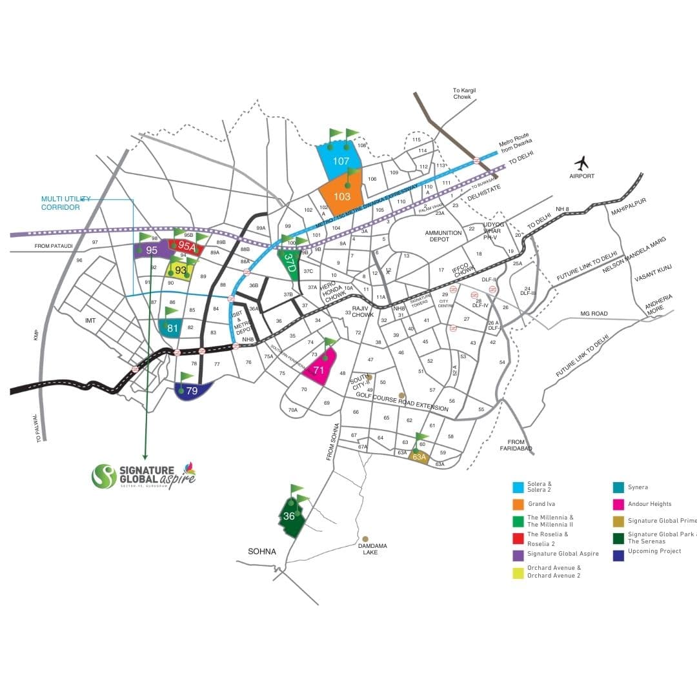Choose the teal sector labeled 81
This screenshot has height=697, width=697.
172,328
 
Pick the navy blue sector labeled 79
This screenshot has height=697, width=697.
192,390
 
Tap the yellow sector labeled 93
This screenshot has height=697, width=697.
181,270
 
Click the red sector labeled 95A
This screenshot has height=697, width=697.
186,246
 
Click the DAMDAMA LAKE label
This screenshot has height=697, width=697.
372,549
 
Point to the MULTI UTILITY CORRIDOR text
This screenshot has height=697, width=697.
66,203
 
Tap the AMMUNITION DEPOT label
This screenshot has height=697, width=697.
443,236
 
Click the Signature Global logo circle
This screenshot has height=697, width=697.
104,476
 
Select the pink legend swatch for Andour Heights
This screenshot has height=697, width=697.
618,504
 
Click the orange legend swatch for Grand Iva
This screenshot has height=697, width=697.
518,504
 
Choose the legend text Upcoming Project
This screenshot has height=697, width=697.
654,551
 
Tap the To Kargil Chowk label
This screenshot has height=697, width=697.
464,94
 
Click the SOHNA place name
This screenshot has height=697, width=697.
262,552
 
